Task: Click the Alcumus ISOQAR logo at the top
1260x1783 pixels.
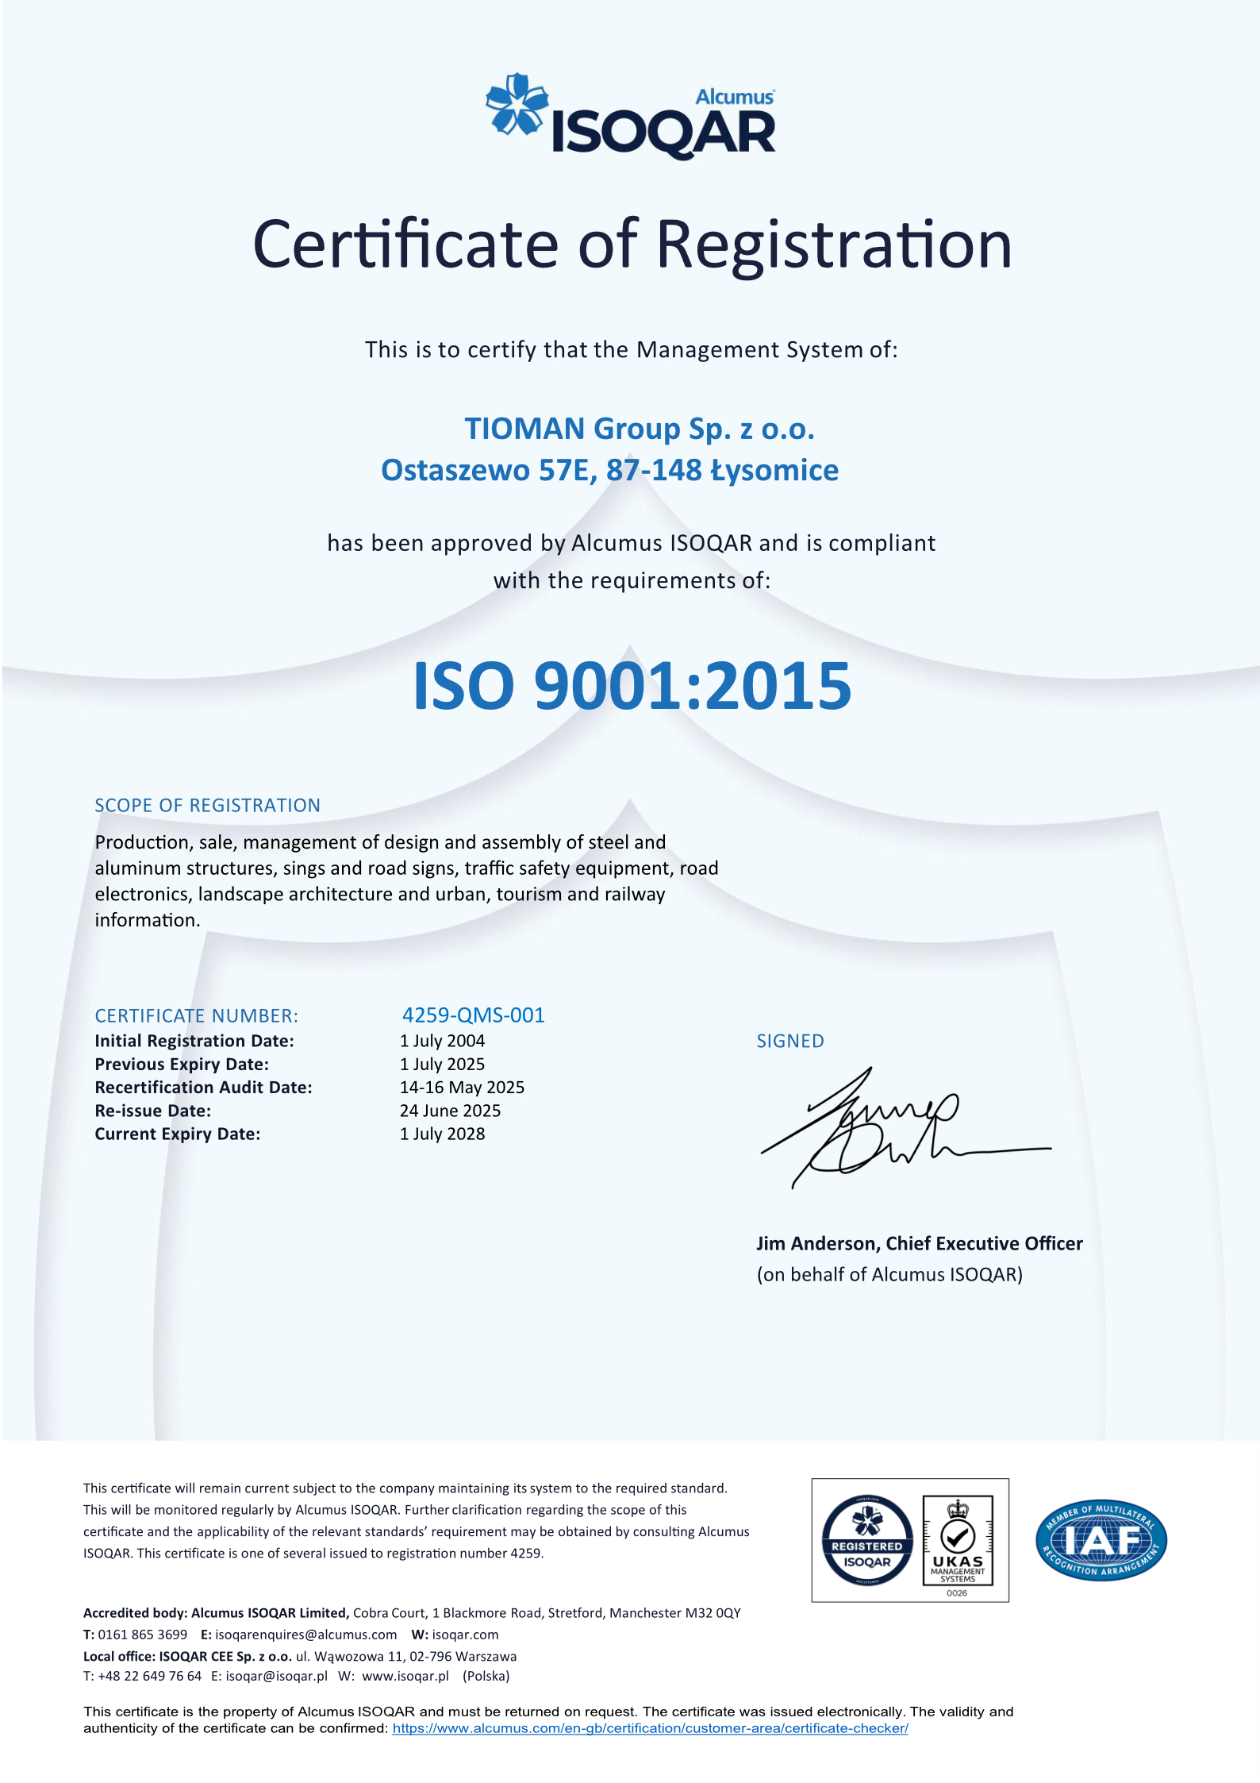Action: coord(632,116)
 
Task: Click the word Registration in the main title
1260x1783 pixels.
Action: coord(834,245)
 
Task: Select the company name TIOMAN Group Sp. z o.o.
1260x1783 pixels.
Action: coord(640,429)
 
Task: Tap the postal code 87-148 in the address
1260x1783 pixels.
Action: coord(654,471)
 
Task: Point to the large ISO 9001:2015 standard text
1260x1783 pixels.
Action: coord(632,686)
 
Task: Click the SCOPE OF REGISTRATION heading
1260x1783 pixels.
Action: coord(207,806)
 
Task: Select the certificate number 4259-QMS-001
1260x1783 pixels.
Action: coord(473,1015)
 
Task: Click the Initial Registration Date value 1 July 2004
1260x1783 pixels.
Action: coord(442,1041)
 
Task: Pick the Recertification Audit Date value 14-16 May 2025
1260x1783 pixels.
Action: coord(462,1088)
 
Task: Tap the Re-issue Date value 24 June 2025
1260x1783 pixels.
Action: coord(450,1111)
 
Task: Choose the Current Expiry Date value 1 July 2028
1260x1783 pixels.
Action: coord(442,1134)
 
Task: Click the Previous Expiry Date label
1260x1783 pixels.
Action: coord(182,1065)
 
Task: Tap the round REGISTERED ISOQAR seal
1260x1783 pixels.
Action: coord(866,1541)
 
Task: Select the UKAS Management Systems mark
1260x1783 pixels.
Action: coord(958,1541)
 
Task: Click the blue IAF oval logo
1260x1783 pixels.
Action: coord(1101,1541)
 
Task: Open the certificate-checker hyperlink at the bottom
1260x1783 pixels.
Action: coord(650,1728)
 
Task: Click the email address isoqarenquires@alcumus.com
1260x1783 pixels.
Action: coord(305,1635)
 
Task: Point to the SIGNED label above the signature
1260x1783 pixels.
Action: coord(790,1042)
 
